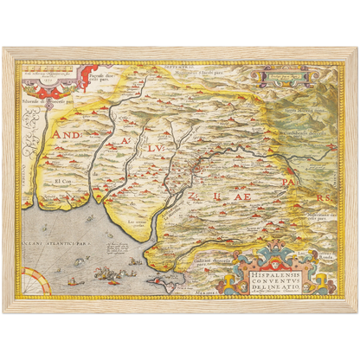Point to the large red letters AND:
(67, 137)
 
